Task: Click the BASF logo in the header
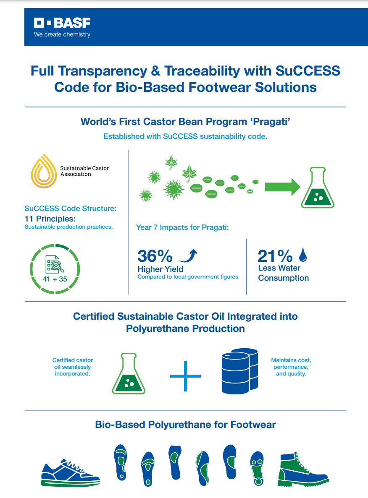coord(62,23)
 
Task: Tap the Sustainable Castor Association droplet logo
coord(44,170)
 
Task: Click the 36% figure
coord(155,256)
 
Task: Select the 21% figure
coord(275,256)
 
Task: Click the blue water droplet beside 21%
coord(302,253)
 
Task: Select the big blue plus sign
coord(185,375)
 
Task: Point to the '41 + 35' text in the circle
coord(55,279)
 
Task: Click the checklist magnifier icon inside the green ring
coord(55,265)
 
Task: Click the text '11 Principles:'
coord(50,218)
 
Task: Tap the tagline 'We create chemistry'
coord(62,34)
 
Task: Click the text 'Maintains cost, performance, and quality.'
coord(291,367)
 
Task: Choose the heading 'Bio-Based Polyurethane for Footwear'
coord(185,425)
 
